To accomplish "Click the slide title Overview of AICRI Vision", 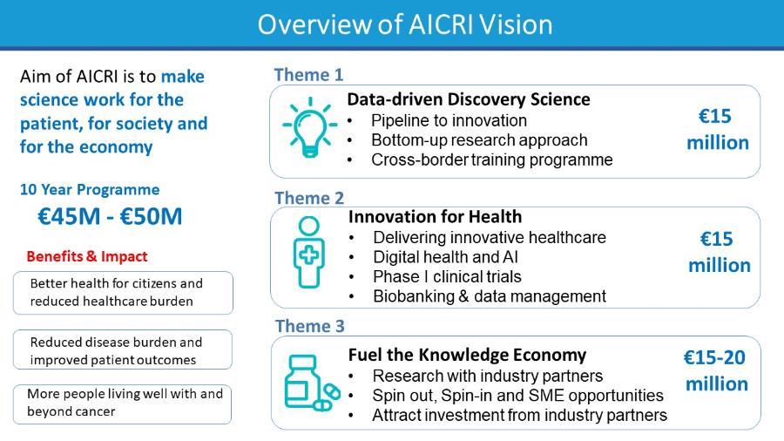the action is point(405,24).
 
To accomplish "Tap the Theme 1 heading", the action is point(308,75).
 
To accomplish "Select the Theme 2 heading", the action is point(309,198).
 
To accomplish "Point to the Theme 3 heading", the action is point(310,326).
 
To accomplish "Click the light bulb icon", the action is point(310,127).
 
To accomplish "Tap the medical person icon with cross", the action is point(309,253).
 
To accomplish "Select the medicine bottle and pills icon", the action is point(312,383).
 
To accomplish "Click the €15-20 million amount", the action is point(716,370).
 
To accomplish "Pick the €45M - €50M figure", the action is point(110,216).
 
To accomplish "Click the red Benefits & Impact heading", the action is point(87,256).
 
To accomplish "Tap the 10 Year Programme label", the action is point(90,189).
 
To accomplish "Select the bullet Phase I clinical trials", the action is point(447,276).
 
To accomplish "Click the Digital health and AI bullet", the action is point(445,257).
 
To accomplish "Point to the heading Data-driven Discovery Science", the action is point(469,99).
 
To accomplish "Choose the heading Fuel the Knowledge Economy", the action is point(467,355).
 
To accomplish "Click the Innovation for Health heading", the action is point(435,216).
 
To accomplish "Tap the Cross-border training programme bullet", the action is point(492,160).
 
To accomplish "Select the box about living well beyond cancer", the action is point(123,404).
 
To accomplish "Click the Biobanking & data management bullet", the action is point(490,296).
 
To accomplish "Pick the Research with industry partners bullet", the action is point(488,376).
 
